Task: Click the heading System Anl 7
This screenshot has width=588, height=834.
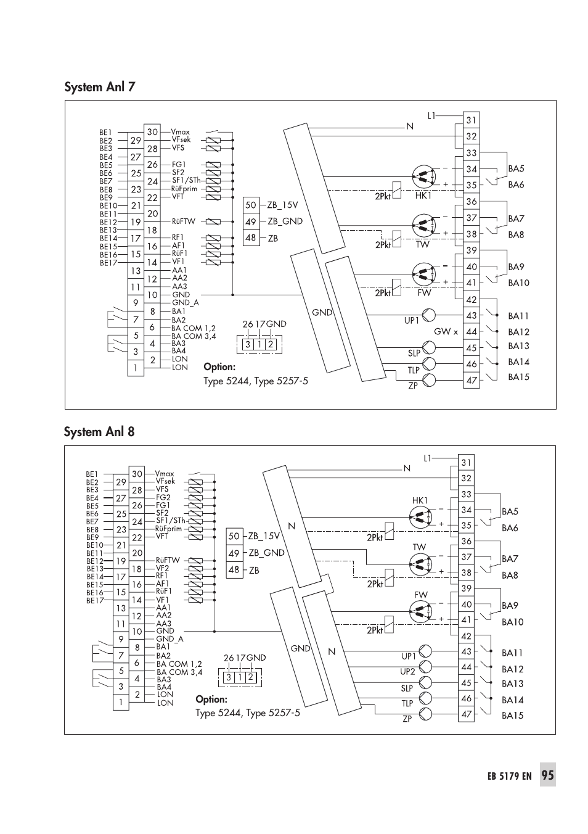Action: pos(100,87)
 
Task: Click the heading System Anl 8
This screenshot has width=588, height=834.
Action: pos(99,432)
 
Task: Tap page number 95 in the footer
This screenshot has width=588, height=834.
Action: pos(547,775)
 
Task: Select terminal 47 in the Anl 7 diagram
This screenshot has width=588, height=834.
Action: pos(472,381)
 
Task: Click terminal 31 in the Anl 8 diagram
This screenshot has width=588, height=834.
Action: pos(466,463)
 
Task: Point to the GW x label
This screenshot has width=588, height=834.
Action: pos(446,331)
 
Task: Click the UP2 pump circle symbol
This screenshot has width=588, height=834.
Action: pos(425,666)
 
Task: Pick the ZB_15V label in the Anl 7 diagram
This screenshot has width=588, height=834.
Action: pos(282,205)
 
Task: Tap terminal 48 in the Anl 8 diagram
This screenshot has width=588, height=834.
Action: pos(234,570)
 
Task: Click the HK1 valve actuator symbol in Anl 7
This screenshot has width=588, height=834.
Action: pos(423,176)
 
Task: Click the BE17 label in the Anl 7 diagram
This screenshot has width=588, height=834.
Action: pos(108,263)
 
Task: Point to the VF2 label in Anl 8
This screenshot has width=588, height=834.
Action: pos(162,568)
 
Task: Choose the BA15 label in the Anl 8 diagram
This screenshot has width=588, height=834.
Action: pos(512,715)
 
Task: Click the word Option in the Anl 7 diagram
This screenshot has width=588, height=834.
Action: pos(219,367)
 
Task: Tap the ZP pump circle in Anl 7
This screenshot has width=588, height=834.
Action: pos(429,380)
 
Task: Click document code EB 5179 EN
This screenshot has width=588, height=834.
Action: pos(510,776)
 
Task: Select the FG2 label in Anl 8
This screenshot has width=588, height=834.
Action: pos(163,497)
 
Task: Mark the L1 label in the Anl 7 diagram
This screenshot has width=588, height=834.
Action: pos(431,116)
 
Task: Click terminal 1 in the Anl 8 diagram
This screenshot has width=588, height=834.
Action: pos(121,702)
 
